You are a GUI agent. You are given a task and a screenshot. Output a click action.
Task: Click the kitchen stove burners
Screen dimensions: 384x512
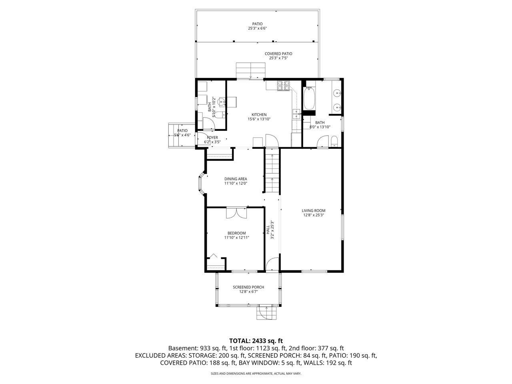tap(283, 85)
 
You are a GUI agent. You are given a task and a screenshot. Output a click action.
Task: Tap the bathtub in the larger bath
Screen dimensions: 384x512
tap(309, 98)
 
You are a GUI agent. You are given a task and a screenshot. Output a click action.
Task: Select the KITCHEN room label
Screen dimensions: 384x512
tap(259, 115)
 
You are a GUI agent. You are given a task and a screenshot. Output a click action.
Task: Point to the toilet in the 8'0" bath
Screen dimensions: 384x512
tap(334, 141)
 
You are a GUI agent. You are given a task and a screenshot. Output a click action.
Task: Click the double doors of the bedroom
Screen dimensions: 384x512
tap(236, 213)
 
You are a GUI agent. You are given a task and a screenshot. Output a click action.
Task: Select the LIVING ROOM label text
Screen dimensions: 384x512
tap(313, 210)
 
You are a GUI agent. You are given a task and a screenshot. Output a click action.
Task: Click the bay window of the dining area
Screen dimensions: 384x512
tap(202, 184)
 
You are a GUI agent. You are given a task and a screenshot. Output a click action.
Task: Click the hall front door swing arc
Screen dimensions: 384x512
tap(272, 264)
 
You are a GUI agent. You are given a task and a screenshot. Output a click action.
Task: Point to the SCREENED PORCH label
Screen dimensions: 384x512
tap(248, 287)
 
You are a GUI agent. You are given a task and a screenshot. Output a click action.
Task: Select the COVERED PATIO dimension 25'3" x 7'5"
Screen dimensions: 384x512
tap(278, 58)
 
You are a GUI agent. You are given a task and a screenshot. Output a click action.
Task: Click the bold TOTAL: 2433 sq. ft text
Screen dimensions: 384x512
tap(256, 341)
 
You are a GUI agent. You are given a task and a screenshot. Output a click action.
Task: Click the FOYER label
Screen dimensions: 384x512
tap(212, 138)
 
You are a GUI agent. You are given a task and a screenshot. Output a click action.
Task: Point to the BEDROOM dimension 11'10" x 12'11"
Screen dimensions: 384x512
tap(236, 238)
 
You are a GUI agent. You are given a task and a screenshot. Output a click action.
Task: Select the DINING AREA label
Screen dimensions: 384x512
tap(236, 179)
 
